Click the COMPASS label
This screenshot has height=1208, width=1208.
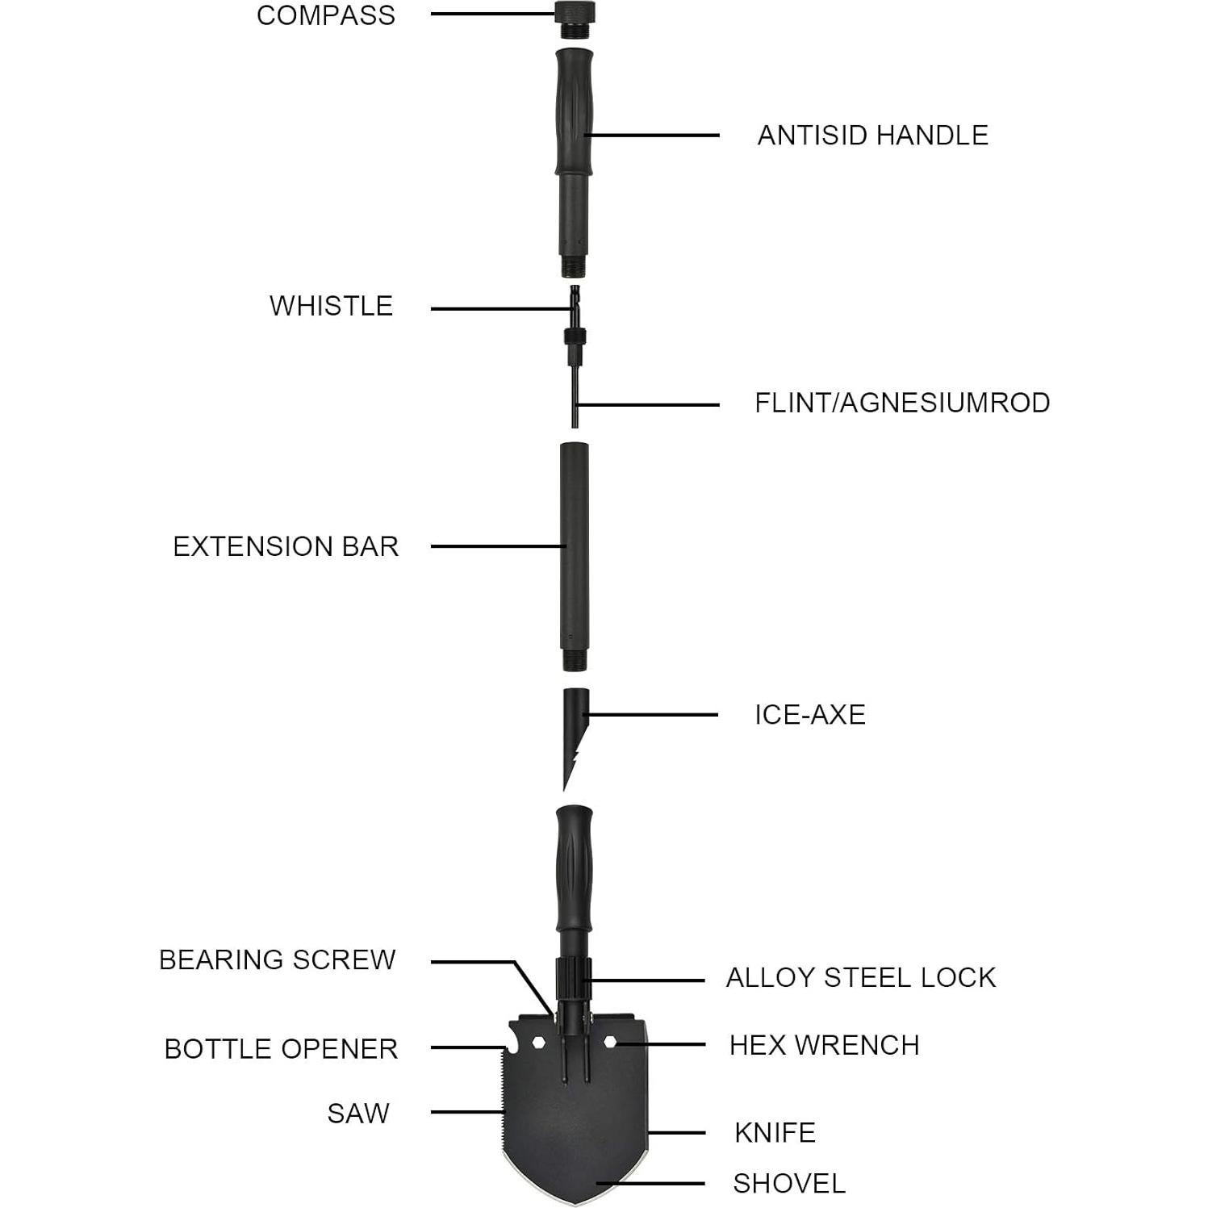326,15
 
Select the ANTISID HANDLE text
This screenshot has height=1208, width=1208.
872,135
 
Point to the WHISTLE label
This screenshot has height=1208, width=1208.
331,306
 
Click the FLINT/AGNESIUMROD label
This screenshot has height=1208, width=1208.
902,403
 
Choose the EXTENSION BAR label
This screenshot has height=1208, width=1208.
286,546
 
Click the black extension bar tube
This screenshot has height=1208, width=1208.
575,557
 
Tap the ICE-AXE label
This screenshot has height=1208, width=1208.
810,714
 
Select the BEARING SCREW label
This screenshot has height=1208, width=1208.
278,959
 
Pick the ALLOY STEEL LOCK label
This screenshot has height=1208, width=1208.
861,977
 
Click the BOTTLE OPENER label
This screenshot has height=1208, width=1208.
281,1048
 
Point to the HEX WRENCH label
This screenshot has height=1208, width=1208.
824,1045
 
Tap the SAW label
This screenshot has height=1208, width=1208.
358,1113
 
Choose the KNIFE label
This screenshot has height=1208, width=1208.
775,1132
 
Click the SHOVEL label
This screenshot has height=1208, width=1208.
789,1184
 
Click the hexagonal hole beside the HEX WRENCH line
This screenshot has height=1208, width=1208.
611,1043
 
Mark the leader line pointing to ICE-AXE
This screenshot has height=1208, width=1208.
654,714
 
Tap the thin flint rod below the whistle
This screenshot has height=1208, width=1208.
575,395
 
